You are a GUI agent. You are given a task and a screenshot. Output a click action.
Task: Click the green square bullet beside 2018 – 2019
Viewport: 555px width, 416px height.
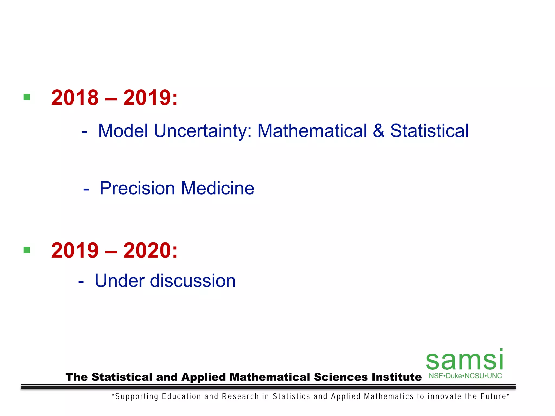pyautogui.click(x=27, y=97)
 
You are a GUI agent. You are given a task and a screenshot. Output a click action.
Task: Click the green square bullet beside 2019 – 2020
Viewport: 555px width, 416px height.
pyautogui.click(x=27, y=250)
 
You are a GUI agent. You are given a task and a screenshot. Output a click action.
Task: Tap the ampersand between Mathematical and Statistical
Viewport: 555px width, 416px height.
pyautogui.click(x=378, y=131)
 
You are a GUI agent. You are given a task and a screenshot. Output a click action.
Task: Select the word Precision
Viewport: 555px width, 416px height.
pyautogui.click(x=137, y=188)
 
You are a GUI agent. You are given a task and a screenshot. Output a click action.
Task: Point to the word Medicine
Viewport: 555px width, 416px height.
pyautogui.click(x=218, y=188)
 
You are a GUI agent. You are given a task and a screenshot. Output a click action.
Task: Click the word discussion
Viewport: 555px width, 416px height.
pyautogui.click(x=193, y=281)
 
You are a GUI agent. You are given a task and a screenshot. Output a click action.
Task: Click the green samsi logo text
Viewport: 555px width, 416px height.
pyautogui.click(x=464, y=360)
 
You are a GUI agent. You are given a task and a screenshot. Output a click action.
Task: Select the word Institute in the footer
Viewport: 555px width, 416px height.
pyautogui.click(x=396, y=377)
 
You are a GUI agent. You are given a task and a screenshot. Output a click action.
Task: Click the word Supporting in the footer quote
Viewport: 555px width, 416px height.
pyautogui.click(x=137, y=397)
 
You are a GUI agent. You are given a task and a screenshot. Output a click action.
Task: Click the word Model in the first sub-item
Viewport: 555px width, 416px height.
pyautogui.click(x=123, y=131)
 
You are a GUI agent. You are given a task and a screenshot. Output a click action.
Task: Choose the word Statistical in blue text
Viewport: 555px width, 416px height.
pyautogui.click(x=429, y=131)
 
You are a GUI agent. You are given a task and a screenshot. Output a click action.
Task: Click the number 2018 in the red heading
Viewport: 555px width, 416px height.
pyautogui.click(x=75, y=98)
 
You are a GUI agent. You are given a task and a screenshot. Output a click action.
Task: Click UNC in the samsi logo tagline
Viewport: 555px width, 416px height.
pyautogui.click(x=495, y=376)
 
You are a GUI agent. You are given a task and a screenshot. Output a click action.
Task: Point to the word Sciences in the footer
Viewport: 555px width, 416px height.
pyautogui.click(x=341, y=377)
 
